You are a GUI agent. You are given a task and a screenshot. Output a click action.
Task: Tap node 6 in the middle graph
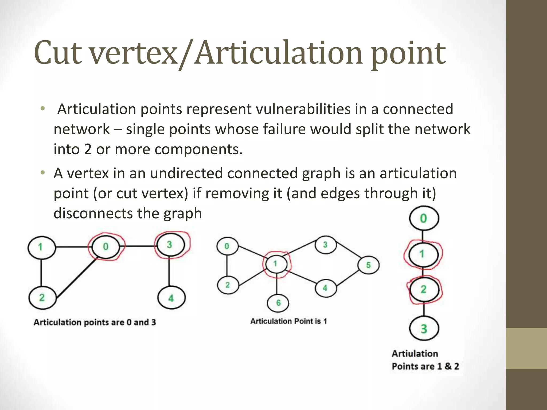click(278, 303)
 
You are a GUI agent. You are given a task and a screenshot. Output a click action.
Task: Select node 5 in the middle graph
click(368, 265)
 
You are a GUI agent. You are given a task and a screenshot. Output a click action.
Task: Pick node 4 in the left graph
click(171, 298)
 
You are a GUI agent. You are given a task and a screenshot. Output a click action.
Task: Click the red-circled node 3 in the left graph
click(170, 245)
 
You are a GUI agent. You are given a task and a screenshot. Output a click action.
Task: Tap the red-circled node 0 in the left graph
click(106, 247)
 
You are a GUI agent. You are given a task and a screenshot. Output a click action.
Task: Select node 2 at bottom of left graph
click(42, 298)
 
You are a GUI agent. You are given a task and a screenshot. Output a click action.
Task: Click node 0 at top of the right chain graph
click(424, 218)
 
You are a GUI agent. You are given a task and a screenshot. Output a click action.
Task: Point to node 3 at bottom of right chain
click(424, 329)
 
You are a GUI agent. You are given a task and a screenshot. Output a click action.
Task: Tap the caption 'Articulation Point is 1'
click(288, 321)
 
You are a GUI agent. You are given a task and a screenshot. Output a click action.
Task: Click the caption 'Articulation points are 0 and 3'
click(95, 322)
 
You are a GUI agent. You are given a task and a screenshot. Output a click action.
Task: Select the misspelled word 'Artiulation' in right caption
click(415, 354)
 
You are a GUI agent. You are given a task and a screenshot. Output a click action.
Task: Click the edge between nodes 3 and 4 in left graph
click(169, 272)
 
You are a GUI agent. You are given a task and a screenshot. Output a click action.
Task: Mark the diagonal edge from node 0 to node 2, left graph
click(76, 278)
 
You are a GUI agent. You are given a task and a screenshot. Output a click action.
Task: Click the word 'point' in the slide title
click(408, 53)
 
